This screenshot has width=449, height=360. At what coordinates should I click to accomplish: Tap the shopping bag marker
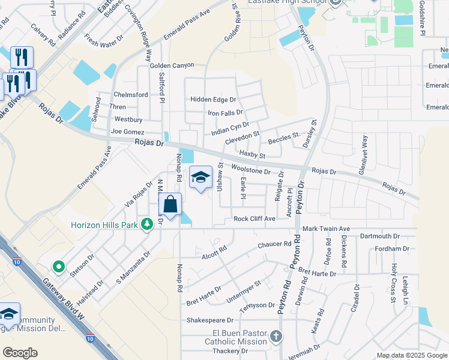coord(170,205)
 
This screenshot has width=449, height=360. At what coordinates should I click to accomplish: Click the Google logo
coord(20,352)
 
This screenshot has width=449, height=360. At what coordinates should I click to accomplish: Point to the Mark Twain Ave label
coord(326,229)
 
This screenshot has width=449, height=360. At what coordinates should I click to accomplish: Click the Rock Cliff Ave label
coord(254,219)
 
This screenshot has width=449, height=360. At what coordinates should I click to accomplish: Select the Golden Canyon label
coord(172,65)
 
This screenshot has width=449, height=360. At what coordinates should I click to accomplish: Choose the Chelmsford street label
coord(131,95)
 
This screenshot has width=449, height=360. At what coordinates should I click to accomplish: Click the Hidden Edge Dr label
coord(213,100)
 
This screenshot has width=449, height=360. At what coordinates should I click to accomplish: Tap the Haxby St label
coord(252,155)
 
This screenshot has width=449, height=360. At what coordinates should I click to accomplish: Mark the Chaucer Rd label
coord(274,245)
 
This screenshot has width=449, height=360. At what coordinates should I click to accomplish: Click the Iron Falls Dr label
coord(225,112)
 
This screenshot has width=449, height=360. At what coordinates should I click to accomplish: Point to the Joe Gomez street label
coord(127,131)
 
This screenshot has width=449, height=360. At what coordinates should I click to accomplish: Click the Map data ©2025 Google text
coord(411,355)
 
